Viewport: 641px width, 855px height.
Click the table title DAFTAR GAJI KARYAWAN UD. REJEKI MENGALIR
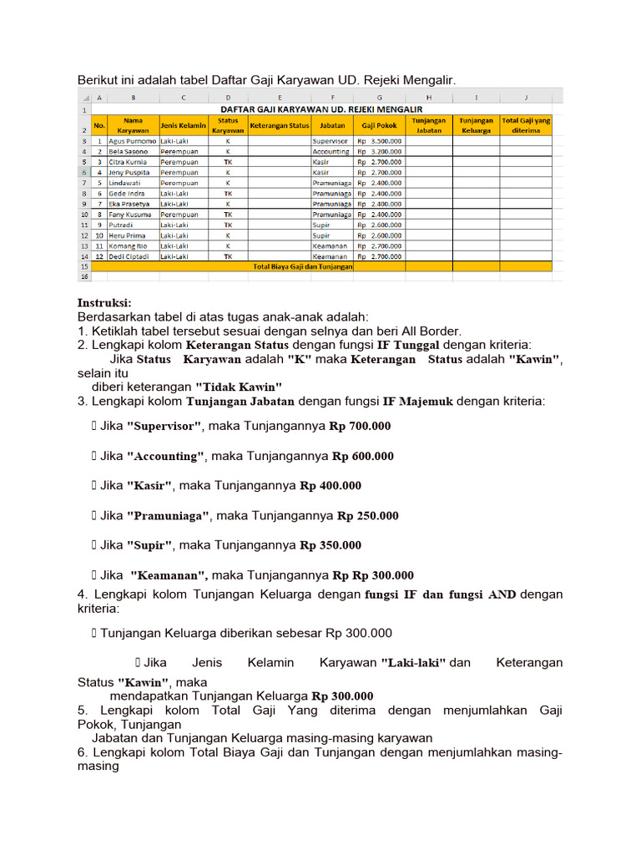click(321, 109)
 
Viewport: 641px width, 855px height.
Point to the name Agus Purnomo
click(133, 142)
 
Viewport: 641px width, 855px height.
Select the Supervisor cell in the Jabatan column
click(331, 142)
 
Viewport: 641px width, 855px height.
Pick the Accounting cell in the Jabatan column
click(331, 152)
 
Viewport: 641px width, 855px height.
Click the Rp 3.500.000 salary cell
click(379, 142)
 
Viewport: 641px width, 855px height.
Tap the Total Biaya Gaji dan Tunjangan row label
click(302, 266)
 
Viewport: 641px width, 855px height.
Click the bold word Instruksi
click(104, 302)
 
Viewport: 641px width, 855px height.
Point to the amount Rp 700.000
click(360, 426)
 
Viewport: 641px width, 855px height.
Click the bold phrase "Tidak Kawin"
click(239, 387)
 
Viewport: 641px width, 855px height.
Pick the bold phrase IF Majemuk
click(417, 402)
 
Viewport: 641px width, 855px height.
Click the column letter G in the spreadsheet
click(379, 98)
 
